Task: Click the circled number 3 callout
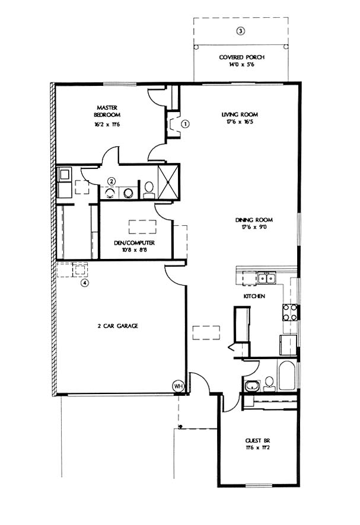click(x=240, y=31)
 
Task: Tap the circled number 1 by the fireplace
click(x=186, y=124)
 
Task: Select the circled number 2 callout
click(x=111, y=181)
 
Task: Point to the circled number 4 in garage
click(x=85, y=283)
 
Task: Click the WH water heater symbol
click(x=178, y=386)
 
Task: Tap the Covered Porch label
click(x=241, y=57)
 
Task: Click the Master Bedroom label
click(x=107, y=111)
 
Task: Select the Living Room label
click(x=240, y=114)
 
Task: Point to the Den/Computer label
click(x=134, y=243)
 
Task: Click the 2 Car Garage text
click(x=117, y=326)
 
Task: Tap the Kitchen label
click(x=254, y=296)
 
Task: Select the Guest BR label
click(x=257, y=441)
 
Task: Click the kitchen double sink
click(x=266, y=278)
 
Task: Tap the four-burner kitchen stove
click(x=290, y=312)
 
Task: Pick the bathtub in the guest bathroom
click(x=286, y=375)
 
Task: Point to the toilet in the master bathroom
click(x=149, y=190)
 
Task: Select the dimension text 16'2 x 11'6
click(x=107, y=124)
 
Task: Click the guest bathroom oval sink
click(x=251, y=386)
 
